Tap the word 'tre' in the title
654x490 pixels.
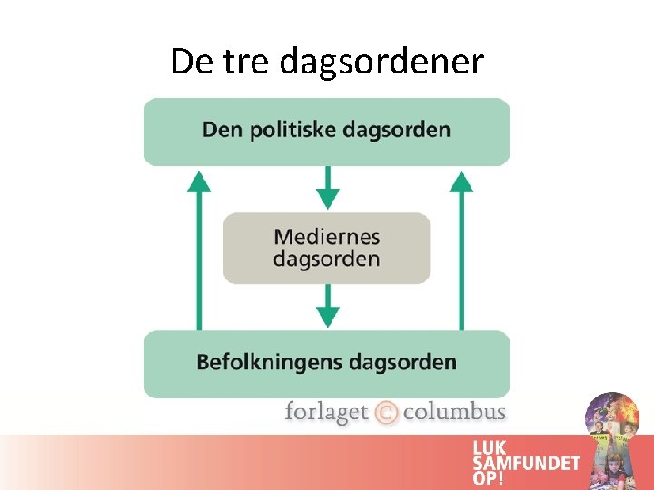(244, 62)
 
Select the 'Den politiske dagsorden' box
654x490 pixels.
(326, 131)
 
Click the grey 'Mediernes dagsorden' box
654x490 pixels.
(326, 248)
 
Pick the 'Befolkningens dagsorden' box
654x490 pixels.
(326, 363)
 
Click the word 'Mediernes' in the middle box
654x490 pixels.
(326, 237)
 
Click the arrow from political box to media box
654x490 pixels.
(327, 189)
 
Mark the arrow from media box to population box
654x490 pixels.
(327, 307)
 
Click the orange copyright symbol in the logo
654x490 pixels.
(386, 413)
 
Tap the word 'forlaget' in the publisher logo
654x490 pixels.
(326, 413)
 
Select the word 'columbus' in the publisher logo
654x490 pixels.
(453, 413)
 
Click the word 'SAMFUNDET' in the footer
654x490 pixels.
(526, 463)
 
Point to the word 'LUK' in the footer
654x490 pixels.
(490, 447)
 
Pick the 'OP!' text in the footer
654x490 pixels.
(490, 478)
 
